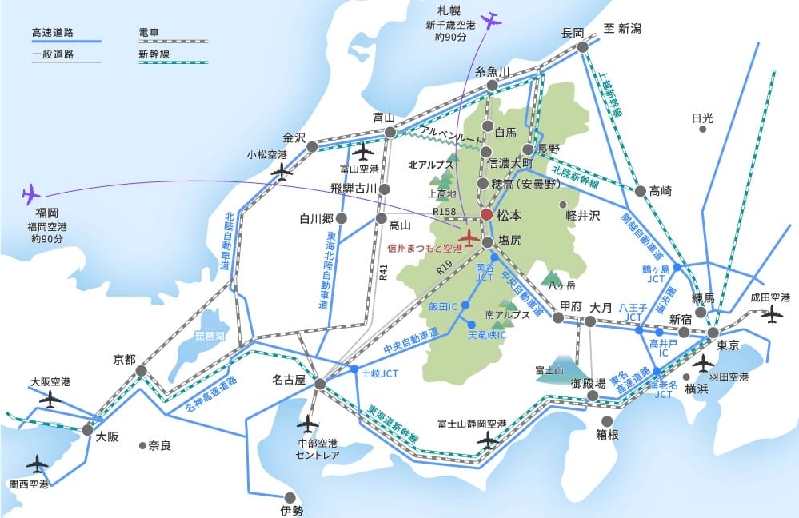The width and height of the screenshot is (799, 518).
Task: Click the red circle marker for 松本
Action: (486, 214)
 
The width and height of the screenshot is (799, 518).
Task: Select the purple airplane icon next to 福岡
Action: (31, 193)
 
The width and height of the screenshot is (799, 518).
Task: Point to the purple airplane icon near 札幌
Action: (489, 20)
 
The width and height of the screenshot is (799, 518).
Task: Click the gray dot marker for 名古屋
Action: (320, 384)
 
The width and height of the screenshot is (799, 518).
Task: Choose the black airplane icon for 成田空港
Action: (772, 314)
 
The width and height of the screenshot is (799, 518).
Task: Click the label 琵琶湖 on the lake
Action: (210, 337)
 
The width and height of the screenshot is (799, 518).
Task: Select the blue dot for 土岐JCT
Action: (354, 369)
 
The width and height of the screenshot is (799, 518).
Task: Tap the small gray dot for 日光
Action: (702, 128)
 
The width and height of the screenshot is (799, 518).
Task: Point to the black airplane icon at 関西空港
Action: (36, 463)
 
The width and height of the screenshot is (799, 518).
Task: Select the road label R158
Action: (444, 212)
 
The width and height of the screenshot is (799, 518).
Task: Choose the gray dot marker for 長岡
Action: (583, 47)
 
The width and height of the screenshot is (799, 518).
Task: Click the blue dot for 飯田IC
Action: (465, 305)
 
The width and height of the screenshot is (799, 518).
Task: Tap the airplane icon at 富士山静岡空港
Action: (488, 439)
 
